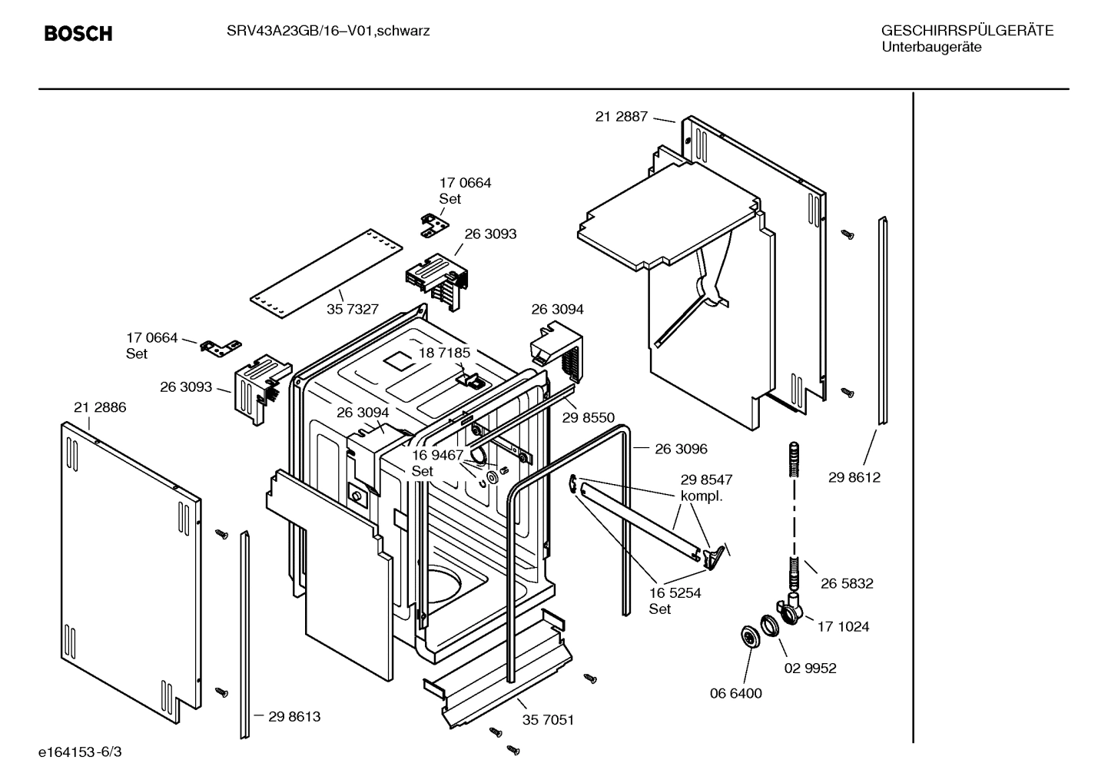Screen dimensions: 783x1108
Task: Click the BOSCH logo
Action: pyautogui.click(x=78, y=33)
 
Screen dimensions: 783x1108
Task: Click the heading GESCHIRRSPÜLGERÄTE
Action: pyautogui.click(x=967, y=31)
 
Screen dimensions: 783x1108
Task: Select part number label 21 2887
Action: pyautogui.click(x=621, y=117)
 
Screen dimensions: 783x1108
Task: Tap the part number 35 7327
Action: pyautogui.click(x=353, y=309)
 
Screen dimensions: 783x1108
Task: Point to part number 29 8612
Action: pyautogui.click(x=854, y=477)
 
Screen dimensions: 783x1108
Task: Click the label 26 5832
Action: pyautogui.click(x=846, y=583)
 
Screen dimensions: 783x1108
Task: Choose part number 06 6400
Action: pyautogui.click(x=735, y=693)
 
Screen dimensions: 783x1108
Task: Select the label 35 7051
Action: pyautogui.click(x=548, y=720)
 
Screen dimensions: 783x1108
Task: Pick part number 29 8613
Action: pyautogui.click(x=294, y=716)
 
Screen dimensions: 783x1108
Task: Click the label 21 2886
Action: pyautogui.click(x=100, y=407)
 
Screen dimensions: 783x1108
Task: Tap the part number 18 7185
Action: pyautogui.click(x=443, y=353)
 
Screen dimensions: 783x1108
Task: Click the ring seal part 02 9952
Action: pyautogui.click(x=771, y=625)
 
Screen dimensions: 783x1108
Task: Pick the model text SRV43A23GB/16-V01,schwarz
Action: pyautogui.click(x=328, y=31)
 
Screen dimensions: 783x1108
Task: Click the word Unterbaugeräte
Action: pyautogui.click(x=931, y=47)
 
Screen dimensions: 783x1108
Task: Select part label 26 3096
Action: pyautogui.click(x=681, y=449)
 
